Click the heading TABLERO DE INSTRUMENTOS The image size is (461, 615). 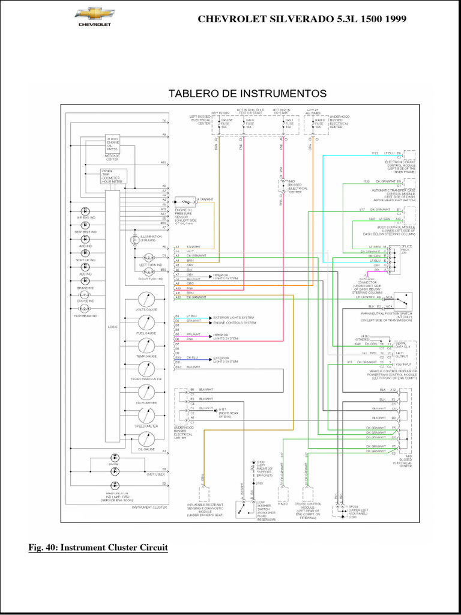click(x=247, y=94)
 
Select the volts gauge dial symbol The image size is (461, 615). click(x=146, y=300)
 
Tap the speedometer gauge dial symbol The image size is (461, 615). click(x=146, y=416)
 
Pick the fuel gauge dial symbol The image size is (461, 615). click(x=146, y=323)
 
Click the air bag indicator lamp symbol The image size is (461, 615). click(x=85, y=212)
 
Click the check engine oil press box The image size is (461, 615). click(x=112, y=144)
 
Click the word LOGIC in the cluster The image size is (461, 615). click(x=112, y=327)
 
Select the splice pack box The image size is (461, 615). click(x=393, y=259)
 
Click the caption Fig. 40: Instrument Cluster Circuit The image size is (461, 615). click(x=98, y=548)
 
